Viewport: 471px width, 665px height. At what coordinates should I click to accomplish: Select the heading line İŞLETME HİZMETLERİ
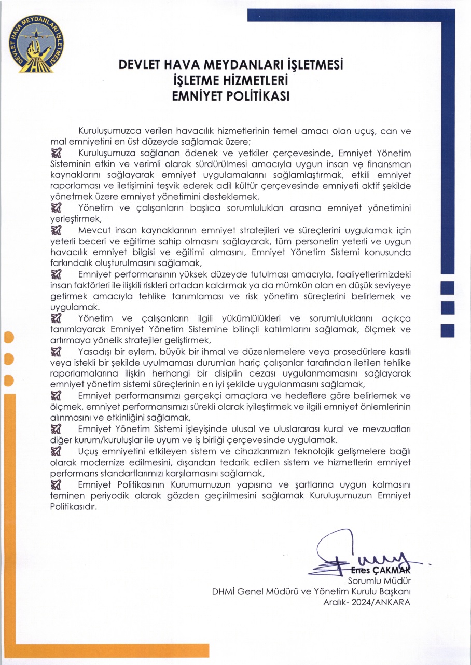[231, 81]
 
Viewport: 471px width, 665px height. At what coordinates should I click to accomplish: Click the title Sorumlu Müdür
[379, 580]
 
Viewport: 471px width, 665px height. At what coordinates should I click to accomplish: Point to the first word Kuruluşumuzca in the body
[106, 131]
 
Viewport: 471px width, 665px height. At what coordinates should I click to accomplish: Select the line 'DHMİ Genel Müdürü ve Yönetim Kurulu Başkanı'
[311, 591]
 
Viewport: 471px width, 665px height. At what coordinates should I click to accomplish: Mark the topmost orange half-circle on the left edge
[7, 338]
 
